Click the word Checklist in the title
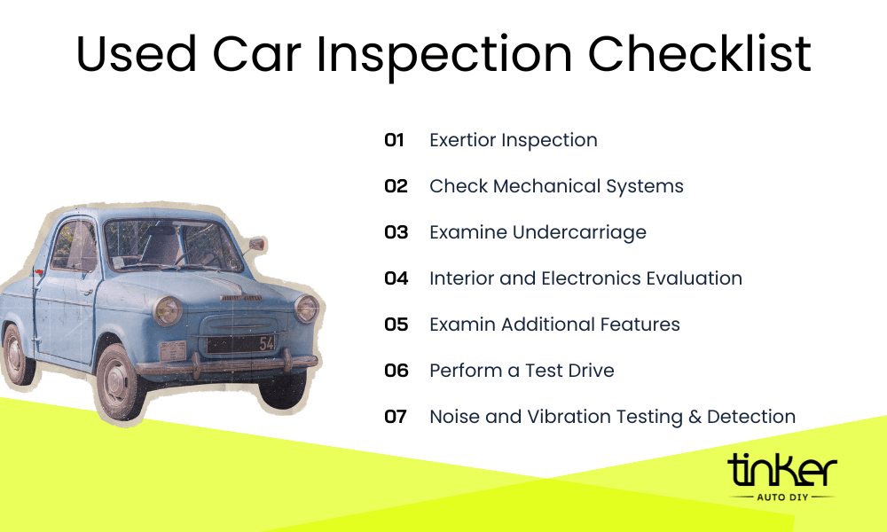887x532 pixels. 700,55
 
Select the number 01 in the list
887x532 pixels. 394,140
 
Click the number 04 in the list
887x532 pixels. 396,278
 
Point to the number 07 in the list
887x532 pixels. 396,417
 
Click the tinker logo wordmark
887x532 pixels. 781,472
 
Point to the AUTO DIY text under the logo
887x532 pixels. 781,497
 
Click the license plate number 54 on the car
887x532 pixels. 266,343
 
